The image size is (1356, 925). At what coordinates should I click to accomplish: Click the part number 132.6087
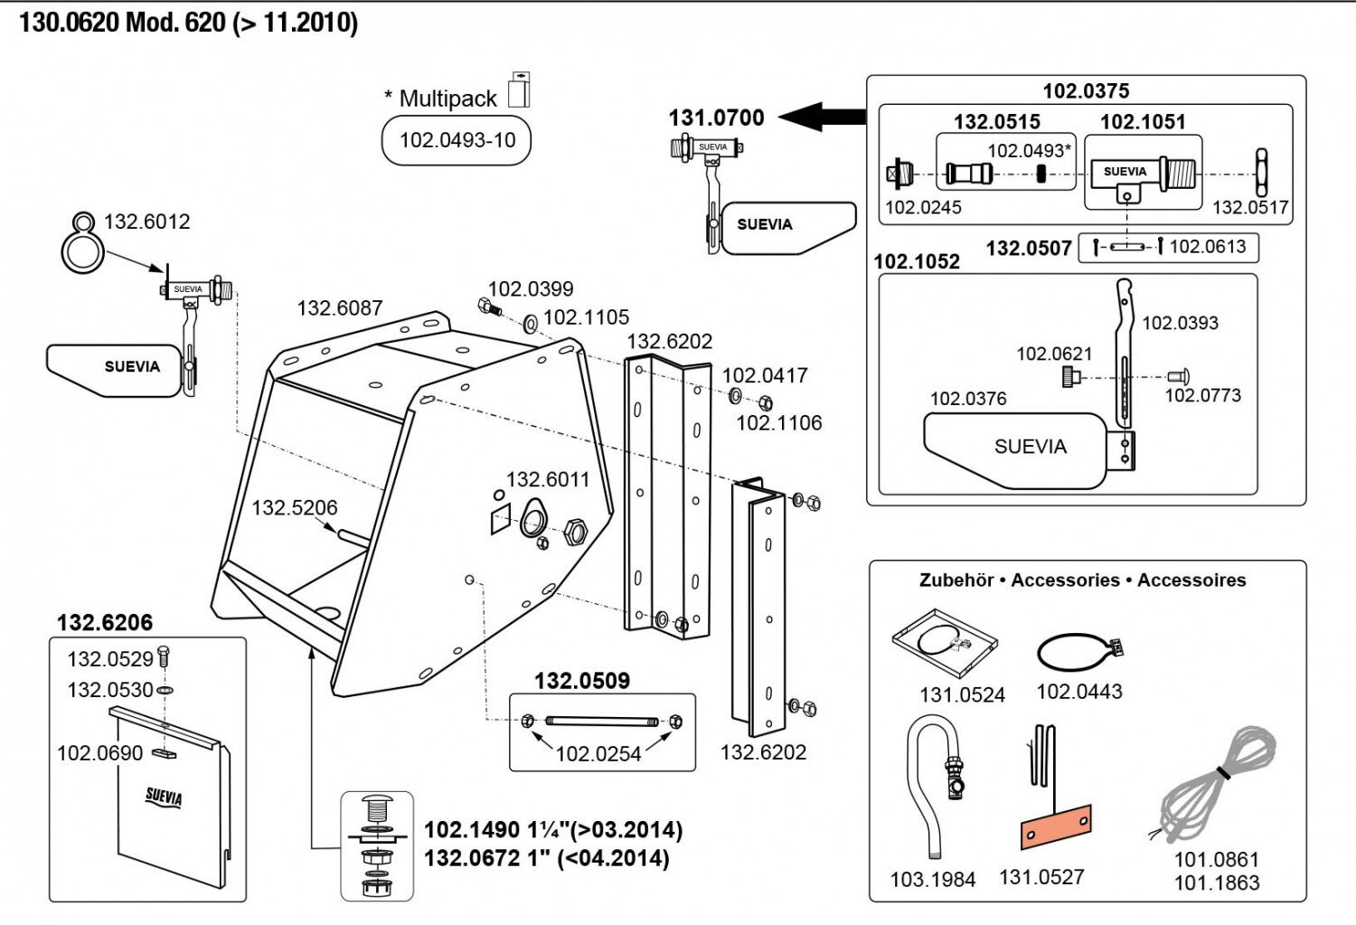(340, 308)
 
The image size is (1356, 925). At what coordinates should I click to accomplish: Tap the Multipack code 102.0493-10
(457, 140)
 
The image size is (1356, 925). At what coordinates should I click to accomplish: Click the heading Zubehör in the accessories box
(956, 580)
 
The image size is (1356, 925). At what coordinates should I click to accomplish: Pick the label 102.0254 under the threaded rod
(598, 754)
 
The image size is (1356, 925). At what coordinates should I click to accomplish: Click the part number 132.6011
(547, 479)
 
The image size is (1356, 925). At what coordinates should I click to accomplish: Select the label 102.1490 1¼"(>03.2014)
(553, 830)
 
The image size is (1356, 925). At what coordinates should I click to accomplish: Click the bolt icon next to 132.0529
(164, 656)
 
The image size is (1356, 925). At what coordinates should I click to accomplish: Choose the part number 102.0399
(531, 289)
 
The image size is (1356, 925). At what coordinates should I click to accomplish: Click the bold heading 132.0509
(581, 681)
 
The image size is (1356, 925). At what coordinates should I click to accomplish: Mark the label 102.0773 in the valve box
(1202, 395)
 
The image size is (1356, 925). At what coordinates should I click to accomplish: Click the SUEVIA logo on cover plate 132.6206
(164, 797)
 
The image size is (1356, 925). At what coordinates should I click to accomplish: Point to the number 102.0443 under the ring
(1078, 692)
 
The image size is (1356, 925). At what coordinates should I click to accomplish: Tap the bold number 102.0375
(1086, 90)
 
